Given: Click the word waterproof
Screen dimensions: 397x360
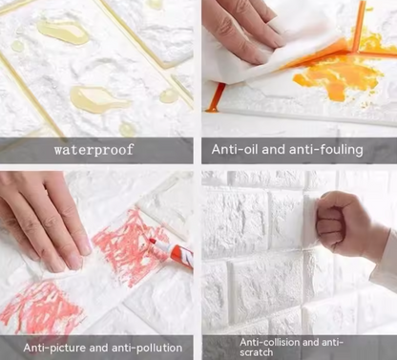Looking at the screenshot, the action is (94, 149).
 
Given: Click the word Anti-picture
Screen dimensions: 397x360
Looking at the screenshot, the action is (54, 348).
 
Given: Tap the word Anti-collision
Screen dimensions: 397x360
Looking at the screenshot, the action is (270, 342).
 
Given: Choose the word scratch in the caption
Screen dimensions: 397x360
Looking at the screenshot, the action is (257, 352).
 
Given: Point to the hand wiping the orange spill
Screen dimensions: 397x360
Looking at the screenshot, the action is (243, 31).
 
